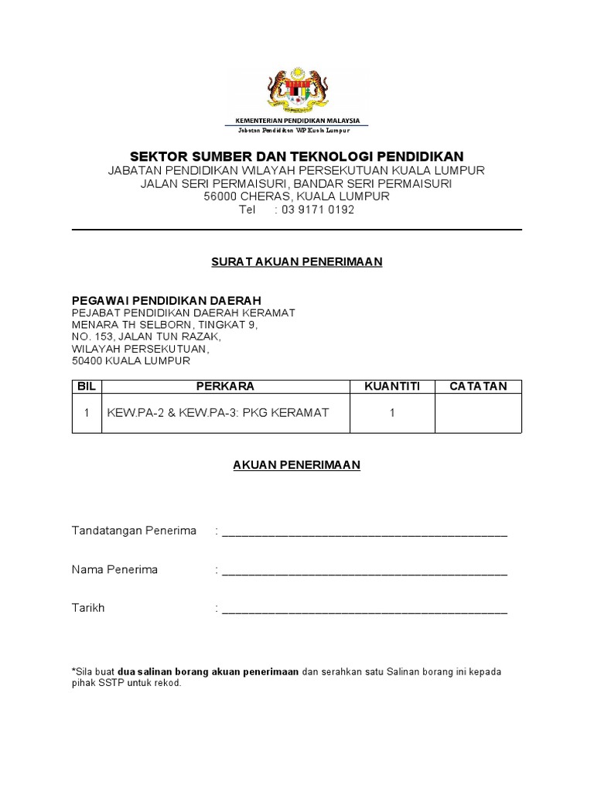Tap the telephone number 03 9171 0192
(317, 210)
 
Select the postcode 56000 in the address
(220, 196)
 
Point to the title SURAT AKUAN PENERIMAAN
(297, 262)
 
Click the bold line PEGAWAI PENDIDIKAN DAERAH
(166, 300)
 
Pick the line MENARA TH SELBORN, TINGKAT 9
(165, 325)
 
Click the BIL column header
(87, 386)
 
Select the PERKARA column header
(225, 386)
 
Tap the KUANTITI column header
(392, 386)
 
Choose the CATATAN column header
(478, 386)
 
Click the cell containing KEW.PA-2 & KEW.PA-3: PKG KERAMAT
(218, 413)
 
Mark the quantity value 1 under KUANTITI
(392, 413)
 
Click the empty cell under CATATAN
(478, 413)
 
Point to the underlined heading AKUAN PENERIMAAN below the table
(297, 465)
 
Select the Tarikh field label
(88, 608)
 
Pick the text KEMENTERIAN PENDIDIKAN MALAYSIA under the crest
(297, 121)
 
